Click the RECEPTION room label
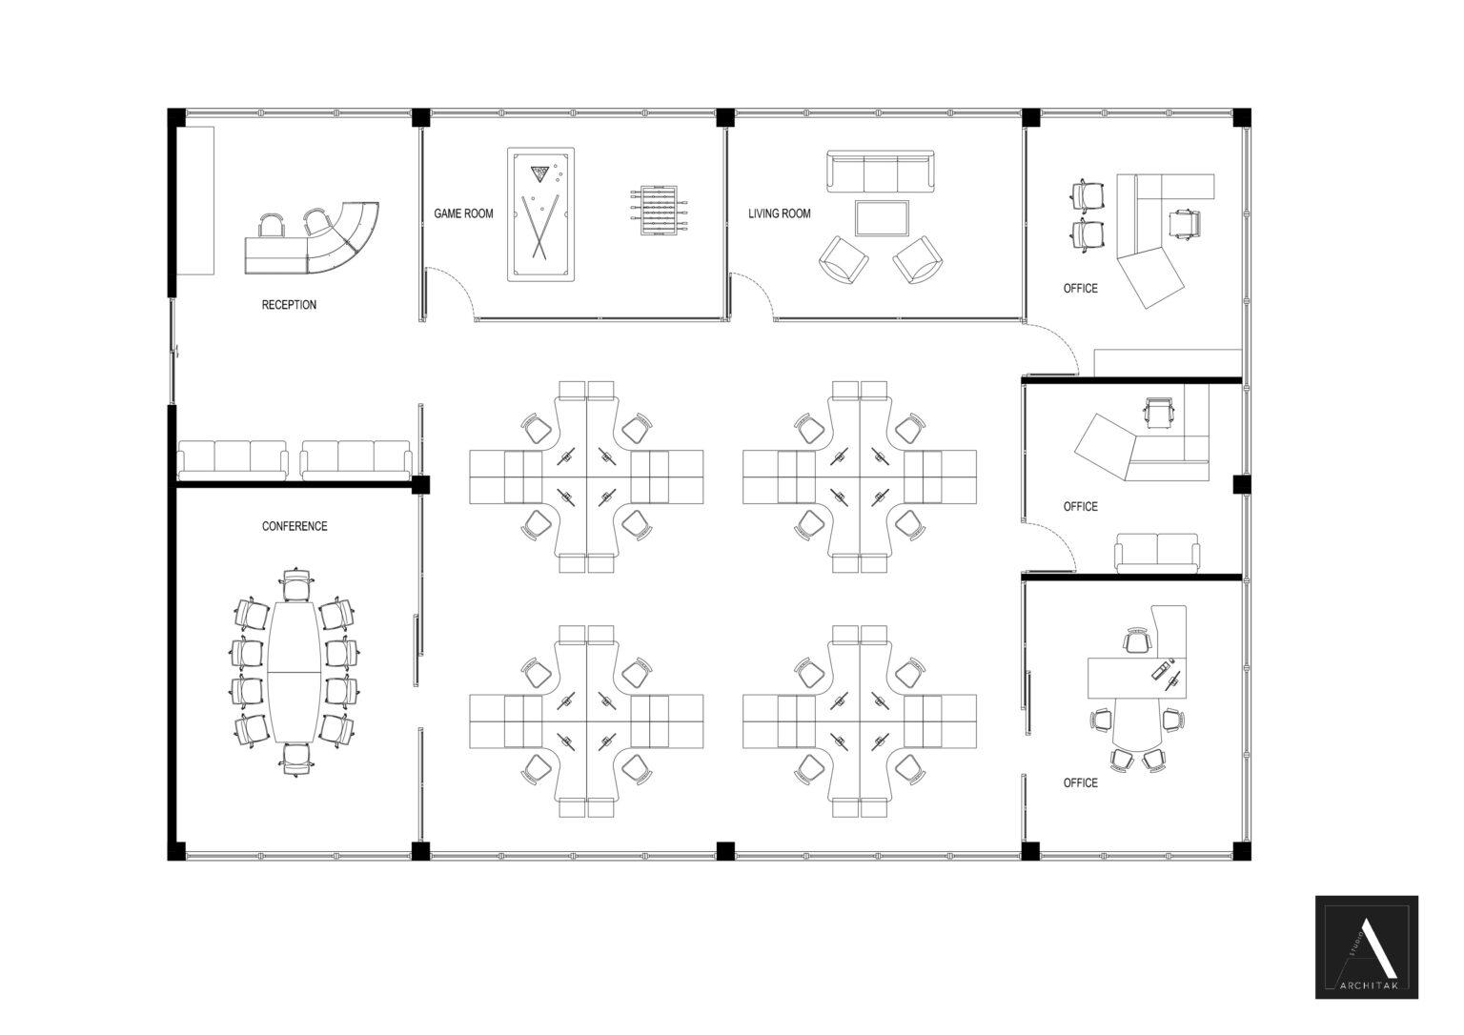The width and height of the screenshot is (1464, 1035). pyautogui.click(x=289, y=305)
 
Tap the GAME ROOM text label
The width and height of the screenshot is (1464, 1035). pyautogui.click(x=463, y=213)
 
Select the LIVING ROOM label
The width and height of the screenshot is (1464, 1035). pyautogui.click(x=779, y=213)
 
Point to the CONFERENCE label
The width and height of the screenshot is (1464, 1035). pyautogui.click(x=295, y=526)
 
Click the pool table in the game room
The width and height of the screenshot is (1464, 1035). pyautogui.click(x=540, y=214)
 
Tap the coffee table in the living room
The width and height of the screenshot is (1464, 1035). pyautogui.click(x=882, y=218)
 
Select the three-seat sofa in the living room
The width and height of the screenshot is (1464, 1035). pyautogui.click(x=878, y=172)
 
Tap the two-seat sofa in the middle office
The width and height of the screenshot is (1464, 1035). pyautogui.click(x=1156, y=553)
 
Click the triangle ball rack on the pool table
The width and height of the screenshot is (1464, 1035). pyautogui.click(x=540, y=173)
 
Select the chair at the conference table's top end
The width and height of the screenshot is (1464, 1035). pyautogui.click(x=296, y=584)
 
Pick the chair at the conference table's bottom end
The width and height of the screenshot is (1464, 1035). pyautogui.click(x=296, y=759)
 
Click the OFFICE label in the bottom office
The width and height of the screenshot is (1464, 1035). pyautogui.click(x=1080, y=782)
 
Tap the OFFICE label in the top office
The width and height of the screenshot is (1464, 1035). pyautogui.click(x=1080, y=288)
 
